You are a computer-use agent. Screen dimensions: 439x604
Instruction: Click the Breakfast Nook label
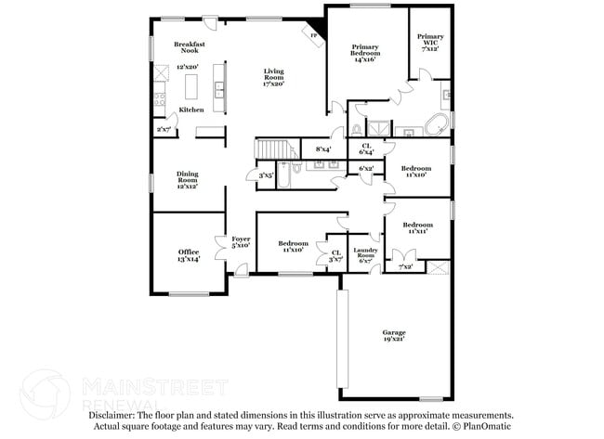[x=190, y=48]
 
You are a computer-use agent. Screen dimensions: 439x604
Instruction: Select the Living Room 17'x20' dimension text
[x=273, y=84]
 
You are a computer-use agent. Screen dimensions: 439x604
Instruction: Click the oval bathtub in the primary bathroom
[x=437, y=123]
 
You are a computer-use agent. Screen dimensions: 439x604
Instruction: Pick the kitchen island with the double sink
[x=219, y=89]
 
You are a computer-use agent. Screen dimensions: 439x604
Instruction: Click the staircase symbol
[x=273, y=149]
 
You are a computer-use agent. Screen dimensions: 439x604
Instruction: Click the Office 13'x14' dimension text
[x=189, y=259]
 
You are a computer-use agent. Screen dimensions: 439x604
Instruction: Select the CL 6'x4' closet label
[x=366, y=148]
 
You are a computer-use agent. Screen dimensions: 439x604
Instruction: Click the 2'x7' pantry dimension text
[x=164, y=130]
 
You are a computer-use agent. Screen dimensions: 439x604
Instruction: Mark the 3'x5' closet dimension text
[x=266, y=174]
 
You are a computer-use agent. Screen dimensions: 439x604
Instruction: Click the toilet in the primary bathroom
[x=358, y=129]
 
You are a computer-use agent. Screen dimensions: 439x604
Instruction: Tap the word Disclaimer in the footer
[x=112, y=417]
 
